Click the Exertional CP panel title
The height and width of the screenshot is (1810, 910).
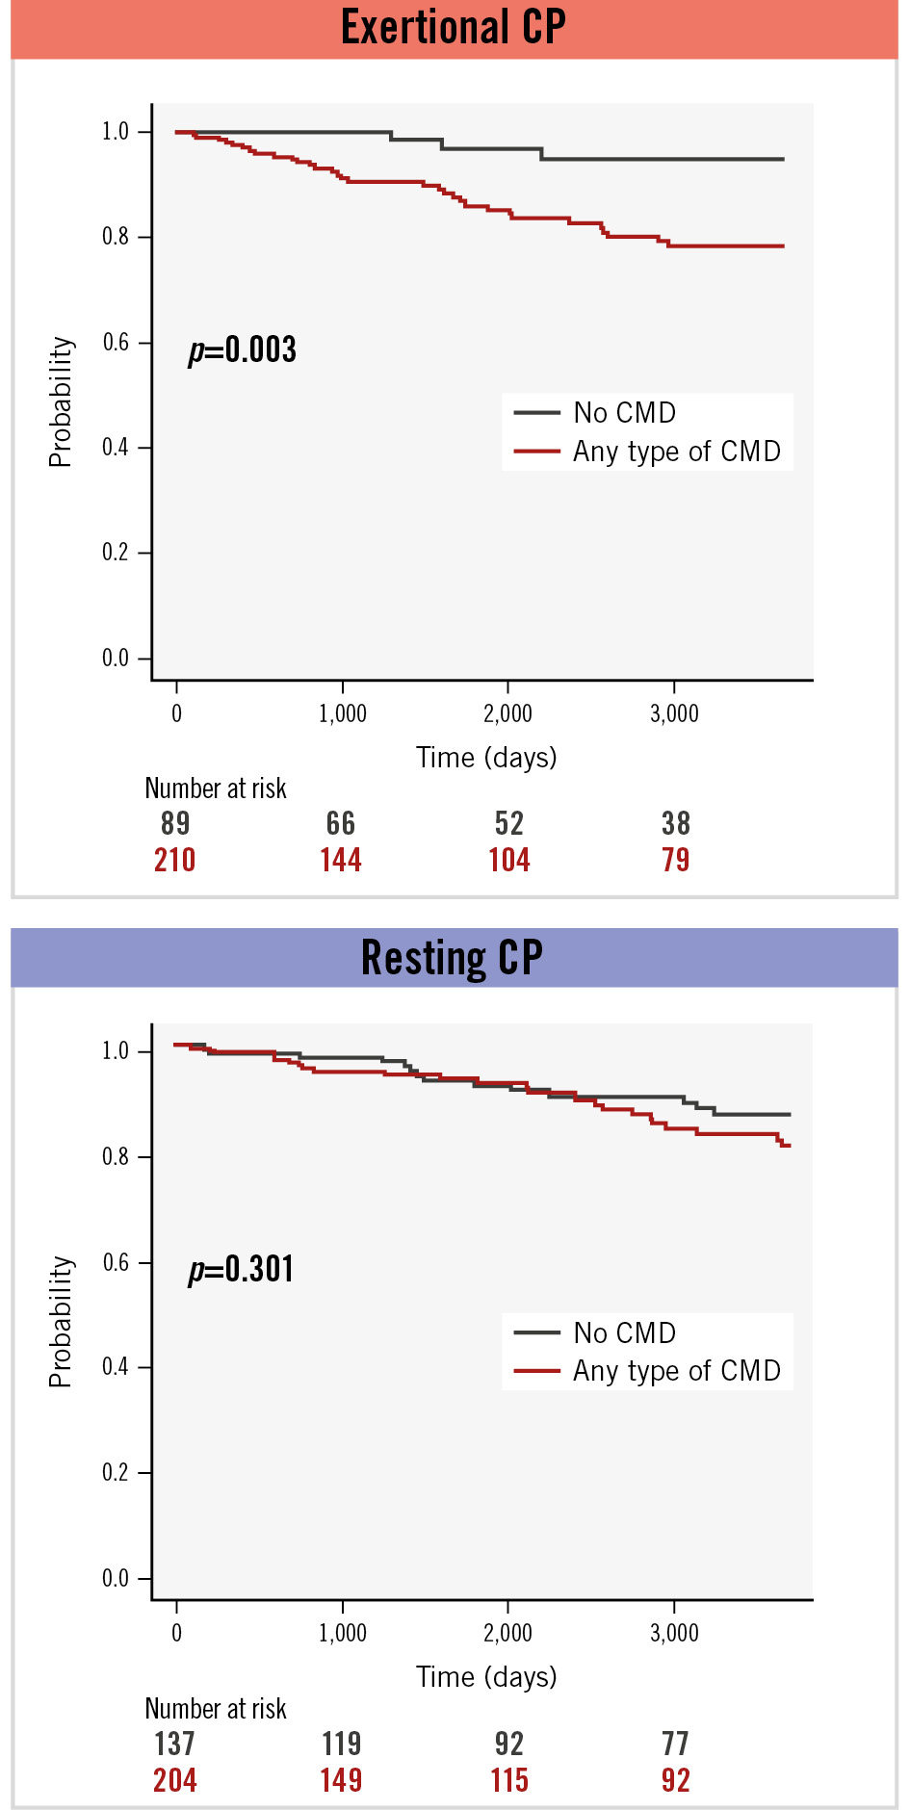coord(454,27)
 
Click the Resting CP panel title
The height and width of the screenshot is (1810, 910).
coord(453,958)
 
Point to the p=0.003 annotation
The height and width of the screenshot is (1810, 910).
coord(243,349)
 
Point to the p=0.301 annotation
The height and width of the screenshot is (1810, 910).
coord(242,1269)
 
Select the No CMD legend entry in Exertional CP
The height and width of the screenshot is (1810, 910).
coord(624,413)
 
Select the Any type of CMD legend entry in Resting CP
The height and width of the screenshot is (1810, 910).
coord(676,1371)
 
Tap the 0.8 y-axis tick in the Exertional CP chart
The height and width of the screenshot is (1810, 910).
coord(116,237)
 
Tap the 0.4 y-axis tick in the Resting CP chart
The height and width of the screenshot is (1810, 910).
coord(116,1367)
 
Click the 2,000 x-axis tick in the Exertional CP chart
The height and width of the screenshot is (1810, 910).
coord(507,714)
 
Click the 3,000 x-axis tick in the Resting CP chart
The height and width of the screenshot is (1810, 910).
coord(674,1634)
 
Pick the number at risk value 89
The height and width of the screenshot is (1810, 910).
coord(175,823)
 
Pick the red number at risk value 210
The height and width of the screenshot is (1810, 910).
coord(175,860)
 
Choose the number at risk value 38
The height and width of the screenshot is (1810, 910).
coord(676,823)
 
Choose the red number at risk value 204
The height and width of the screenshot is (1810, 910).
coord(175,1780)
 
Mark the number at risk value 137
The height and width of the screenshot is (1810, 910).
coord(175,1744)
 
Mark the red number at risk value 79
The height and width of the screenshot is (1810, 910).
coord(676,860)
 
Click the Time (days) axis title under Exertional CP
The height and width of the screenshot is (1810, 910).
coord(486,758)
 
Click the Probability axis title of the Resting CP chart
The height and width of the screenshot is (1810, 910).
coord(61,1321)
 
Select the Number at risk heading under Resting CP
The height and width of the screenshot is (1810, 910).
coord(216,1708)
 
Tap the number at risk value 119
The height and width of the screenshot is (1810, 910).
coord(342,1744)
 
